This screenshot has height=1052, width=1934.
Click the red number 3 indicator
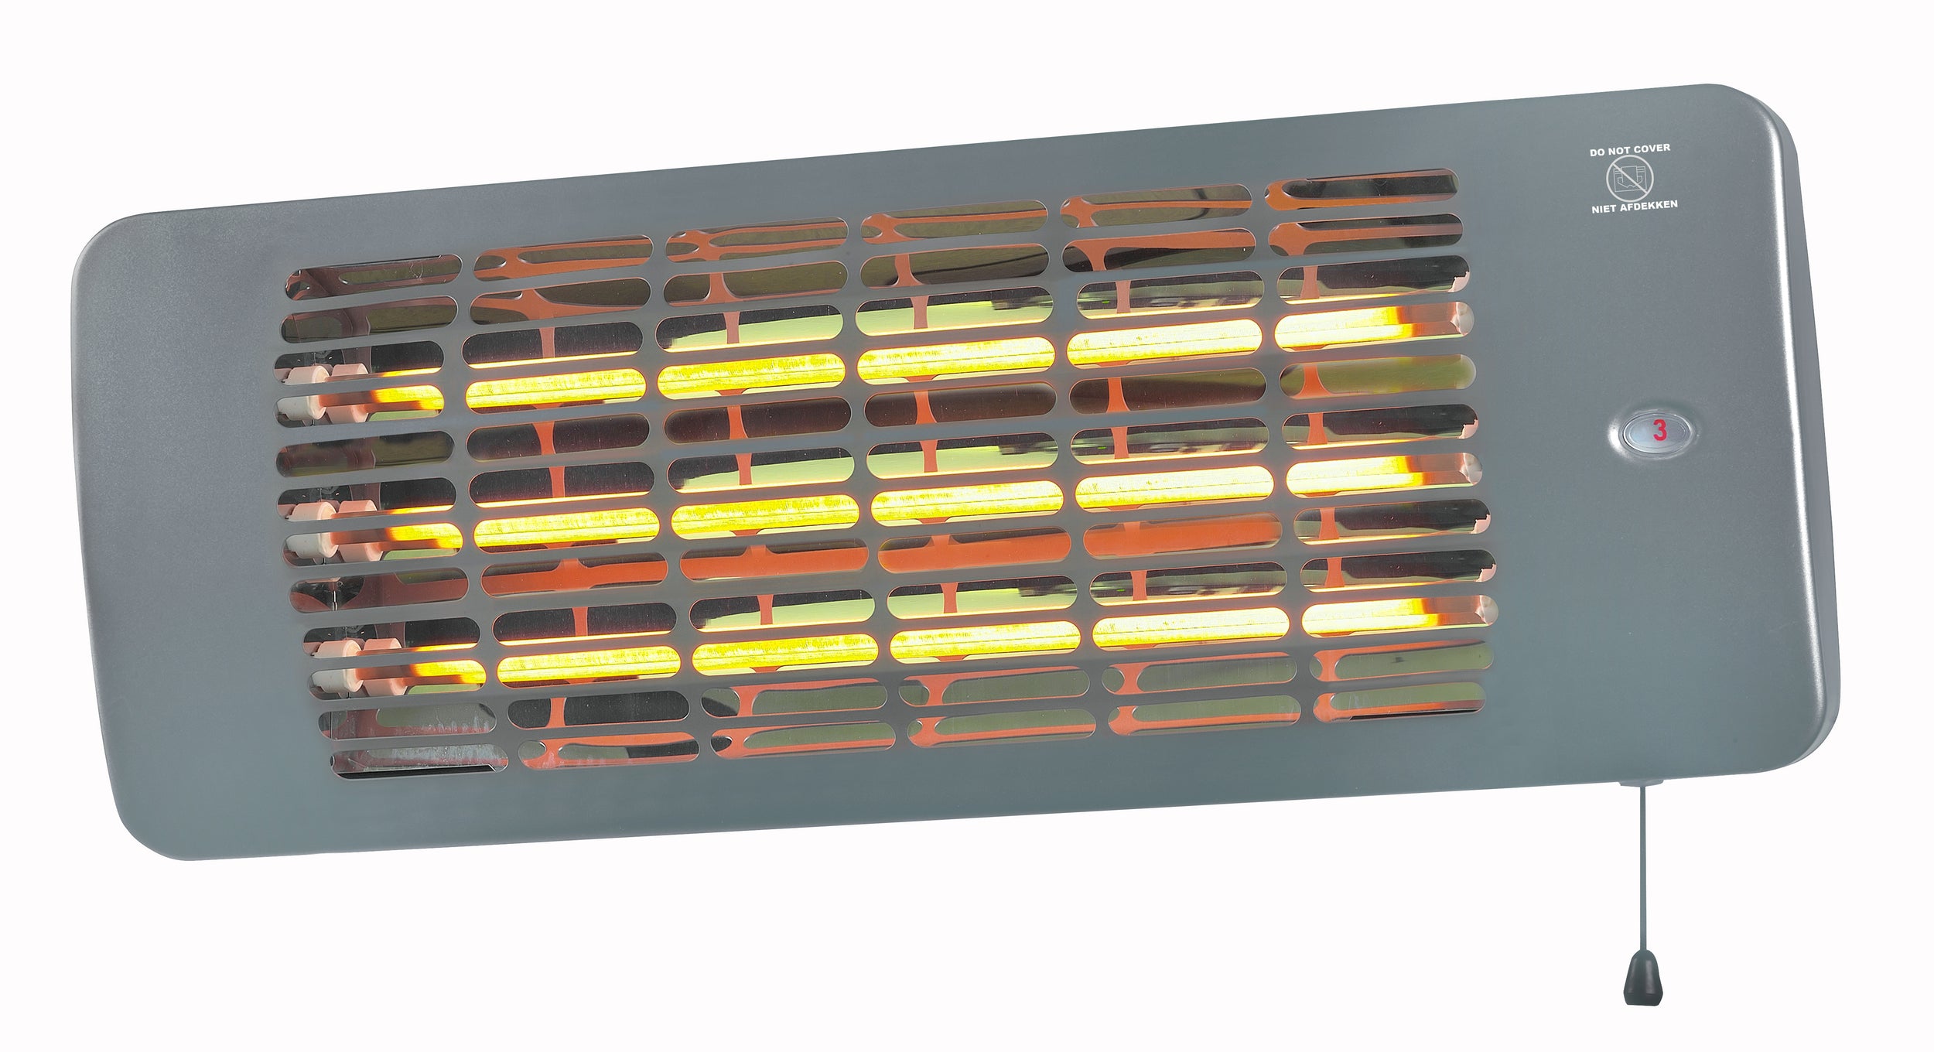tap(1659, 431)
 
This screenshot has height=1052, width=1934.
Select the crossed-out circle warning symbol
tap(1629, 179)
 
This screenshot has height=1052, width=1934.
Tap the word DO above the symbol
tap(1597, 152)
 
